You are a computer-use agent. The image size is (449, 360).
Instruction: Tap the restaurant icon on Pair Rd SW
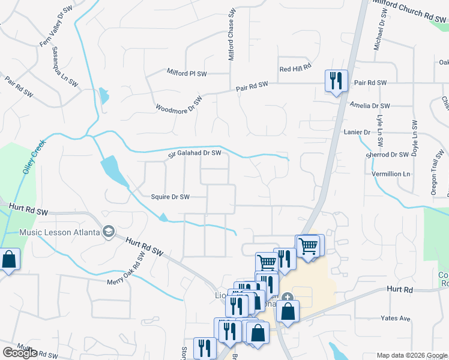[335, 80]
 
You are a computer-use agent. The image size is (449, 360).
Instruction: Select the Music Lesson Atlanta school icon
[109, 232]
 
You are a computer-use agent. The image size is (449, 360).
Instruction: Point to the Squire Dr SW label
[170, 197]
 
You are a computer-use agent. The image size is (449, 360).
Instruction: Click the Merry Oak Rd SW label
[127, 268]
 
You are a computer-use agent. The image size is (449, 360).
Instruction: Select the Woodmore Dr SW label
[179, 103]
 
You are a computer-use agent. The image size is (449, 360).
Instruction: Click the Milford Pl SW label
[186, 73]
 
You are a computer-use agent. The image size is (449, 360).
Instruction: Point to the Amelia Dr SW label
[370, 106]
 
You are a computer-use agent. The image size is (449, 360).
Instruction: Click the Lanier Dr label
[358, 131]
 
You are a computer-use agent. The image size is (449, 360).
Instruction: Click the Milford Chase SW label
[231, 34]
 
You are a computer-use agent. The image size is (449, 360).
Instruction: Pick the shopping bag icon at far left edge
[9, 260]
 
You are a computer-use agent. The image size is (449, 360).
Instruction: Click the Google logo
[19, 353]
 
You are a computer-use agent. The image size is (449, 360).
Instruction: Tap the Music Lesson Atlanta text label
[59, 232]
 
